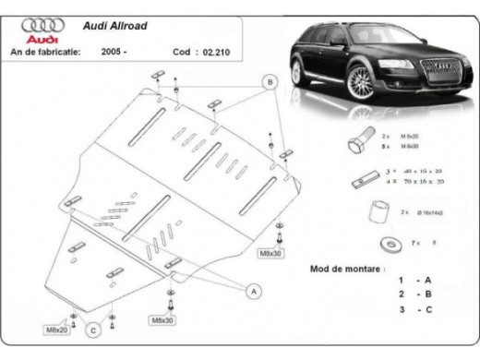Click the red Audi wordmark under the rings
[42, 42]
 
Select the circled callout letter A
[251, 292]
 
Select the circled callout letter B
[270, 82]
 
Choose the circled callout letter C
[93, 328]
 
